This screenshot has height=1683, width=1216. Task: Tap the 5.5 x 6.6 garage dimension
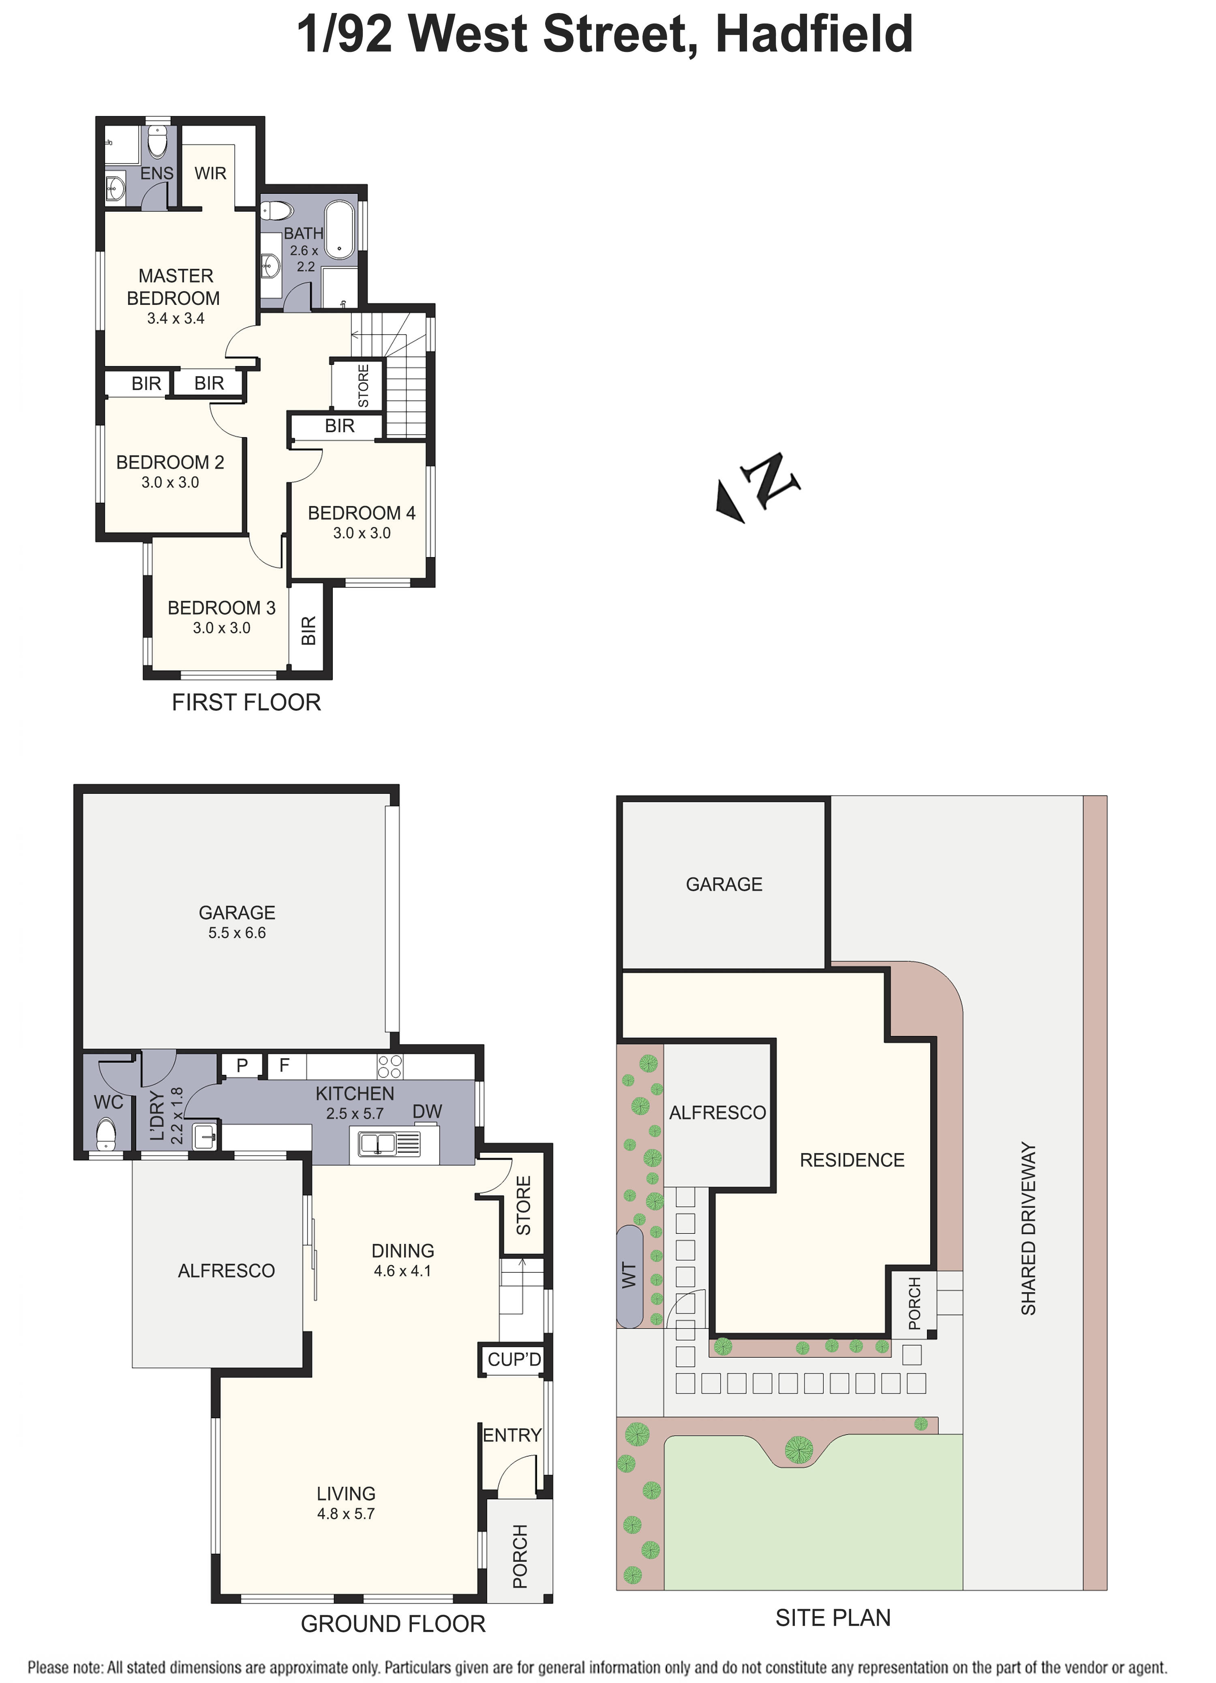pos(237,933)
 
